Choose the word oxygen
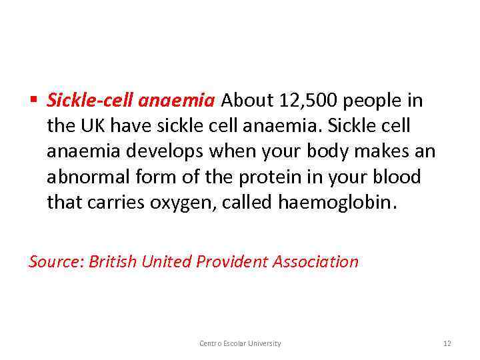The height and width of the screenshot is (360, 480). pos(170,203)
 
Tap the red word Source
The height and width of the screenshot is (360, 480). pos(56,261)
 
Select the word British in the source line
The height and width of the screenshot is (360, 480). pos(113,261)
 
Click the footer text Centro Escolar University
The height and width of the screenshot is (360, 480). pos(240,343)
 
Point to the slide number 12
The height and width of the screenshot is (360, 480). pos(447,343)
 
